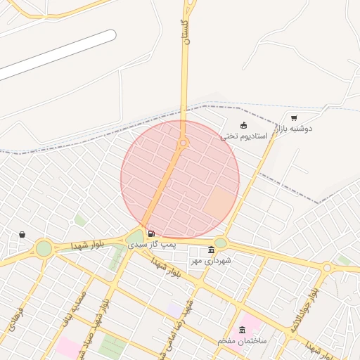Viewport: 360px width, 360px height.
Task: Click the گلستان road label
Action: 186,32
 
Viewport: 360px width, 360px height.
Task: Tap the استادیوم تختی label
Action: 244,135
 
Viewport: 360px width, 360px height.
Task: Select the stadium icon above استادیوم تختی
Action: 244,125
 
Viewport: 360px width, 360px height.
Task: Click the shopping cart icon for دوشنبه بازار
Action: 293,118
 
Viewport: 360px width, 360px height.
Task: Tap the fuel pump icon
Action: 150,233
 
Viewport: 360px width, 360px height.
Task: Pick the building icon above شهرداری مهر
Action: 212,250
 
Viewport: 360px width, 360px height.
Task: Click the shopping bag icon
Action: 22,234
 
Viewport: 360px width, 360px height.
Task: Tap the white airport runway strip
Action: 56,55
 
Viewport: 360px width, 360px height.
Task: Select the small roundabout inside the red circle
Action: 184,143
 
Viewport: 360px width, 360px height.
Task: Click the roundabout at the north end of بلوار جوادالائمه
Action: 327,268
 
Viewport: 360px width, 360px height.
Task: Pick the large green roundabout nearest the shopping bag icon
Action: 44,248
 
